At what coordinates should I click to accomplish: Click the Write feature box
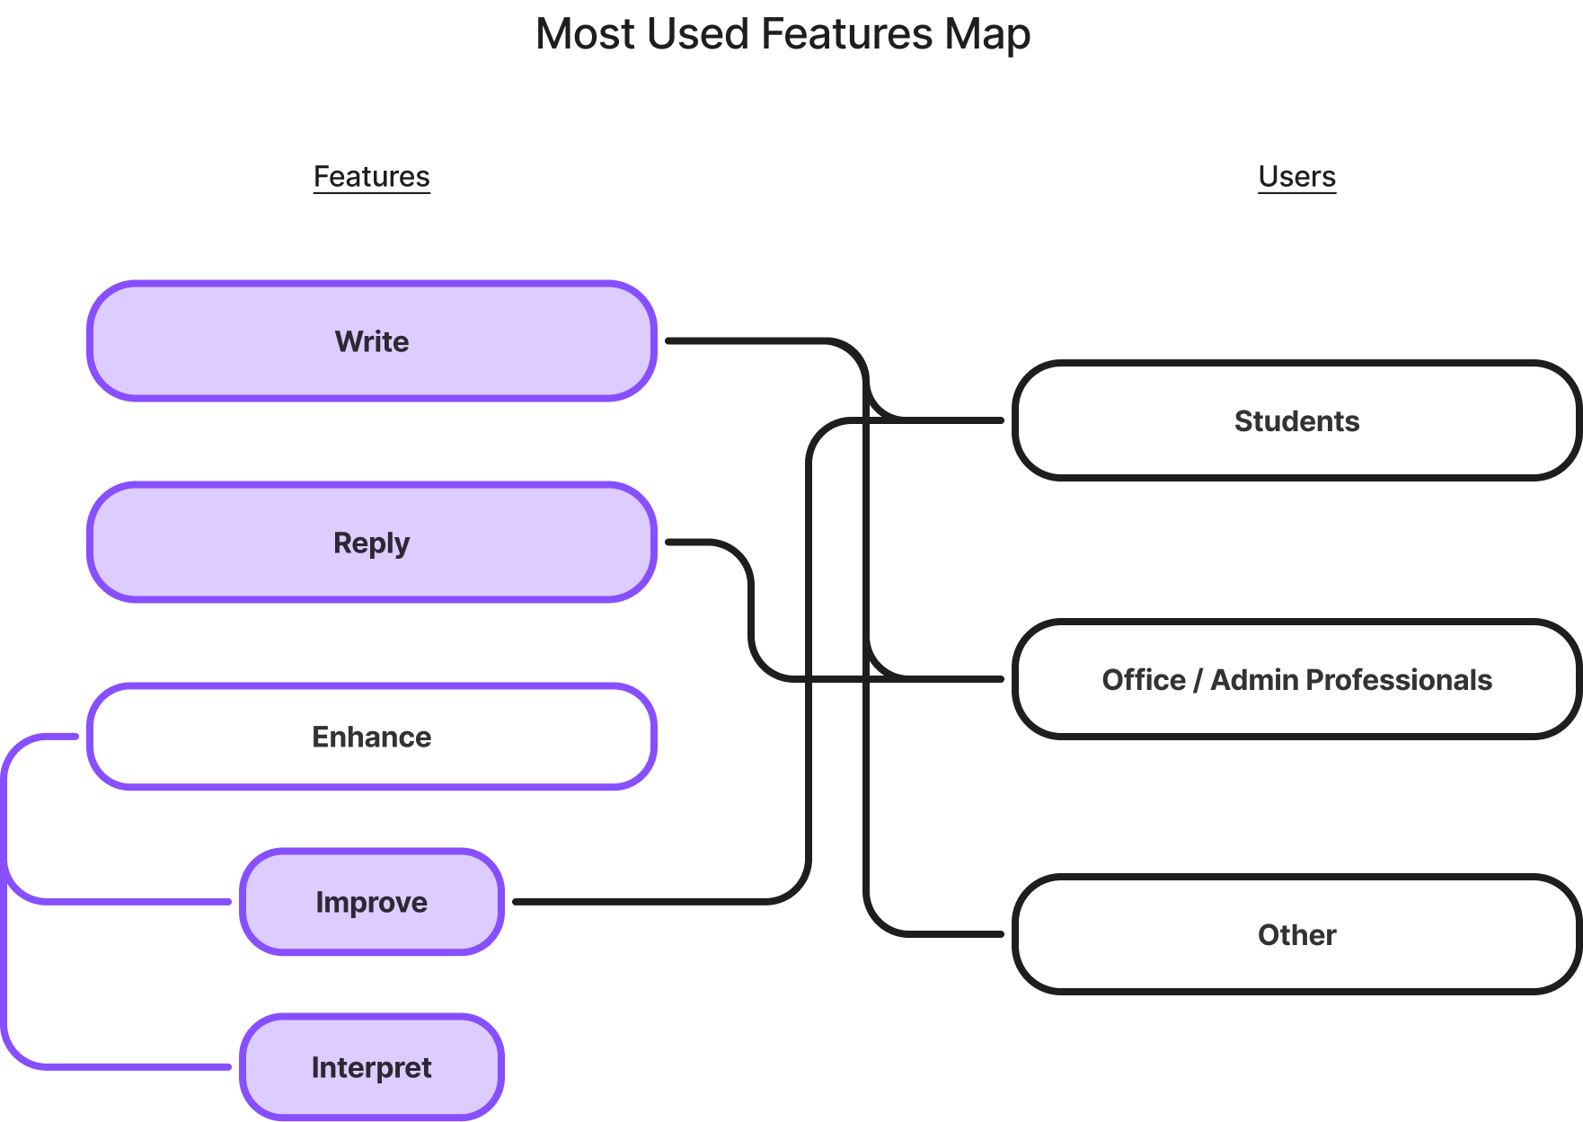coord(372,341)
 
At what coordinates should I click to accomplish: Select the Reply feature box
coord(372,543)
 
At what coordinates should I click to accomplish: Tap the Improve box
coord(372,902)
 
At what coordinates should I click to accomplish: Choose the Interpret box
coord(372,1067)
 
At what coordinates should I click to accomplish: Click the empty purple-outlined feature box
coord(372,737)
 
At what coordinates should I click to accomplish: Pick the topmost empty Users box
coord(1296,420)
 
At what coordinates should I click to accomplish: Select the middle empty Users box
coord(1296,679)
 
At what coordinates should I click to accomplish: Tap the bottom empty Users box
coord(1296,934)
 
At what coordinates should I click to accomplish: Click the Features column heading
coord(372,177)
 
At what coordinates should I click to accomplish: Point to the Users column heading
coord(1296,177)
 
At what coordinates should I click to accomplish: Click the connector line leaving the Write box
coord(746,341)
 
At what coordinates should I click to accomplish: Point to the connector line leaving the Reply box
coord(701,543)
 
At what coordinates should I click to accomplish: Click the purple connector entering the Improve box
coord(135,901)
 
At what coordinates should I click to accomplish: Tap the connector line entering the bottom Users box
coord(952,934)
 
